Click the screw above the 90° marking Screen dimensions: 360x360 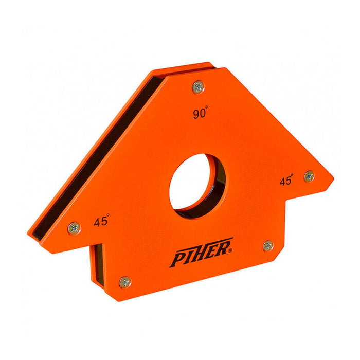pyautogui.click(x=198, y=87)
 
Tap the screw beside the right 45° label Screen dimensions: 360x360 pyautogui.click(x=309, y=176)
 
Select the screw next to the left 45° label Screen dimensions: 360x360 pyautogui.click(x=74, y=227)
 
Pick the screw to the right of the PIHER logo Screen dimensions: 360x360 pyautogui.click(x=268, y=245)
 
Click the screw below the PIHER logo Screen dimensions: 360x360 pyautogui.click(x=125, y=281)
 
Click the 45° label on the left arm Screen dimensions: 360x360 pyautogui.click(x=101, y=221)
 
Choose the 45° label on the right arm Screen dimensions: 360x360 pyautogui.click(x=286, y=181)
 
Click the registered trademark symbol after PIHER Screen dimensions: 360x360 pyautogui.click(x=230, y=250)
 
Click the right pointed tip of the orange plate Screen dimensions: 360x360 pyautogui.click(x=332, y=180)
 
